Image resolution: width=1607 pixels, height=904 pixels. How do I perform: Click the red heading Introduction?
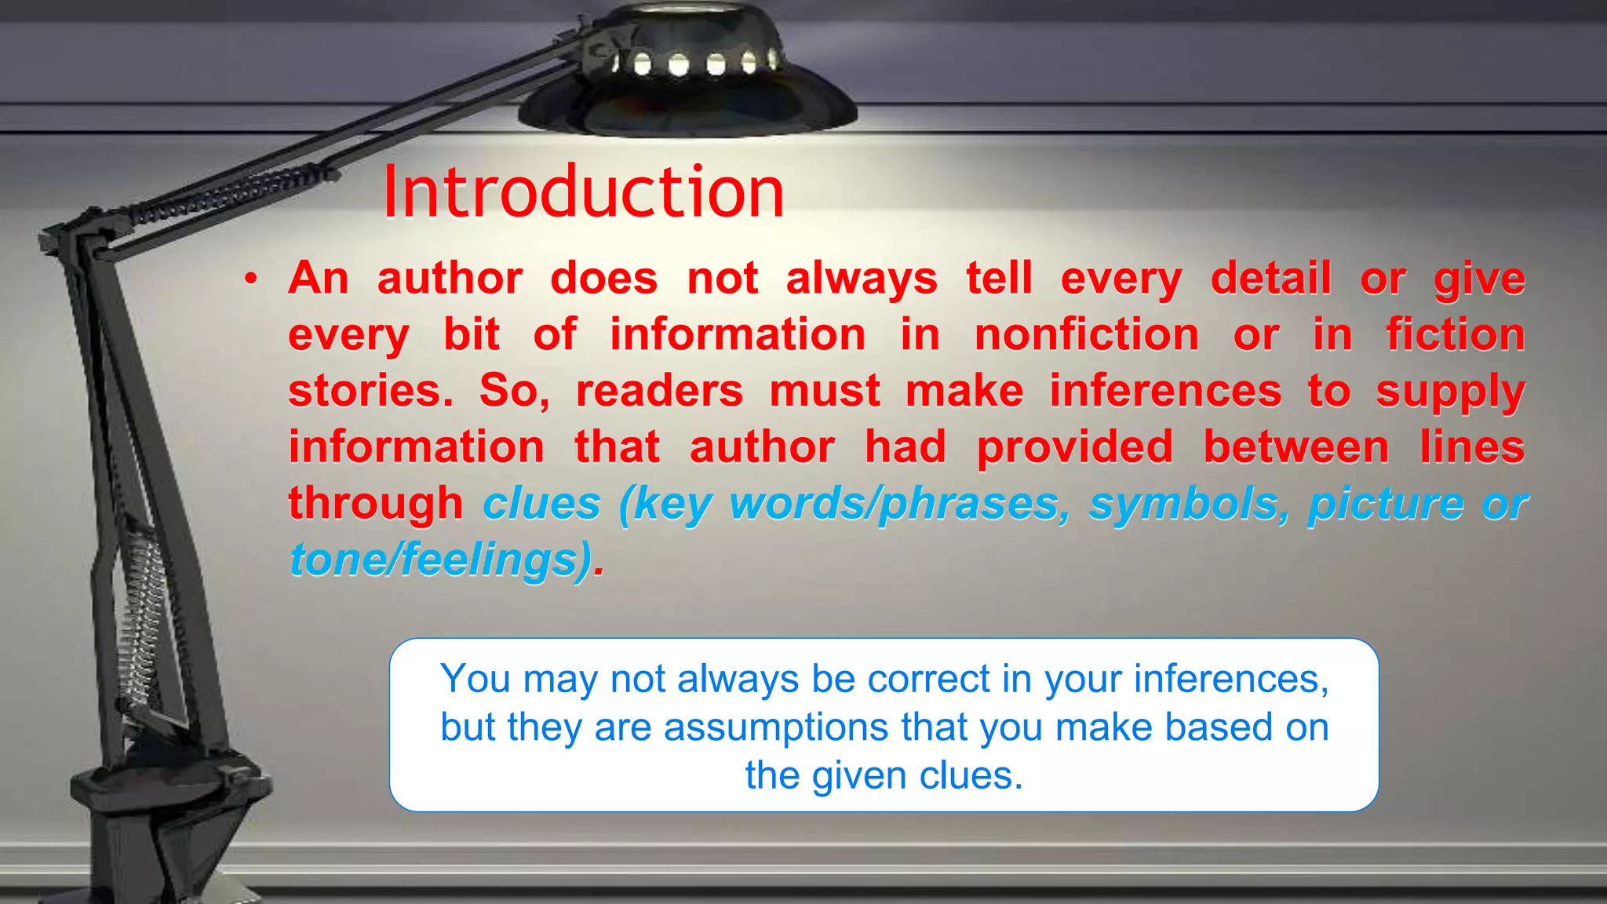[583, 192]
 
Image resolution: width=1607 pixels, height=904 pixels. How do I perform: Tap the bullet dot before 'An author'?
[250, 279]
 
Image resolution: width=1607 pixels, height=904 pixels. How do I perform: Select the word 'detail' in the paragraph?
[1270, 279]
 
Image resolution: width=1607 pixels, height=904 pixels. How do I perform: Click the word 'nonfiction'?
[1087, 335]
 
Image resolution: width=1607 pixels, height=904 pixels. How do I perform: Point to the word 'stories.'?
[370, 391]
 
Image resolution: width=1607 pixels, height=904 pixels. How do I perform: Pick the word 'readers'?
[659, 391]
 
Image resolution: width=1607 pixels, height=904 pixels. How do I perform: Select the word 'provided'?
[1075, 448]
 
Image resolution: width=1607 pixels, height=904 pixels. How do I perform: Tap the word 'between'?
[1296, 448]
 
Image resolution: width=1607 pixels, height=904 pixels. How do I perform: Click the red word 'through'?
[376, 504]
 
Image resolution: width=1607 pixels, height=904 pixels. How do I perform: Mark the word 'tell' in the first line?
[999, 279]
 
